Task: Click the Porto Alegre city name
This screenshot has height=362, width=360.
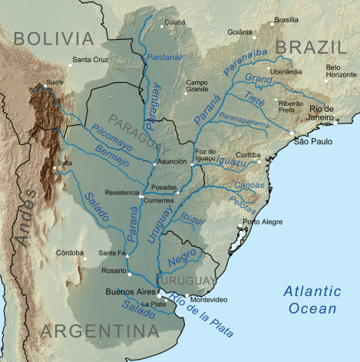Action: coord(263,222)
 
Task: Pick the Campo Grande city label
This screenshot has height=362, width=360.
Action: coord(197,86)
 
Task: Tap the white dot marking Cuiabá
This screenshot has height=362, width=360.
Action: coord(161,28)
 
